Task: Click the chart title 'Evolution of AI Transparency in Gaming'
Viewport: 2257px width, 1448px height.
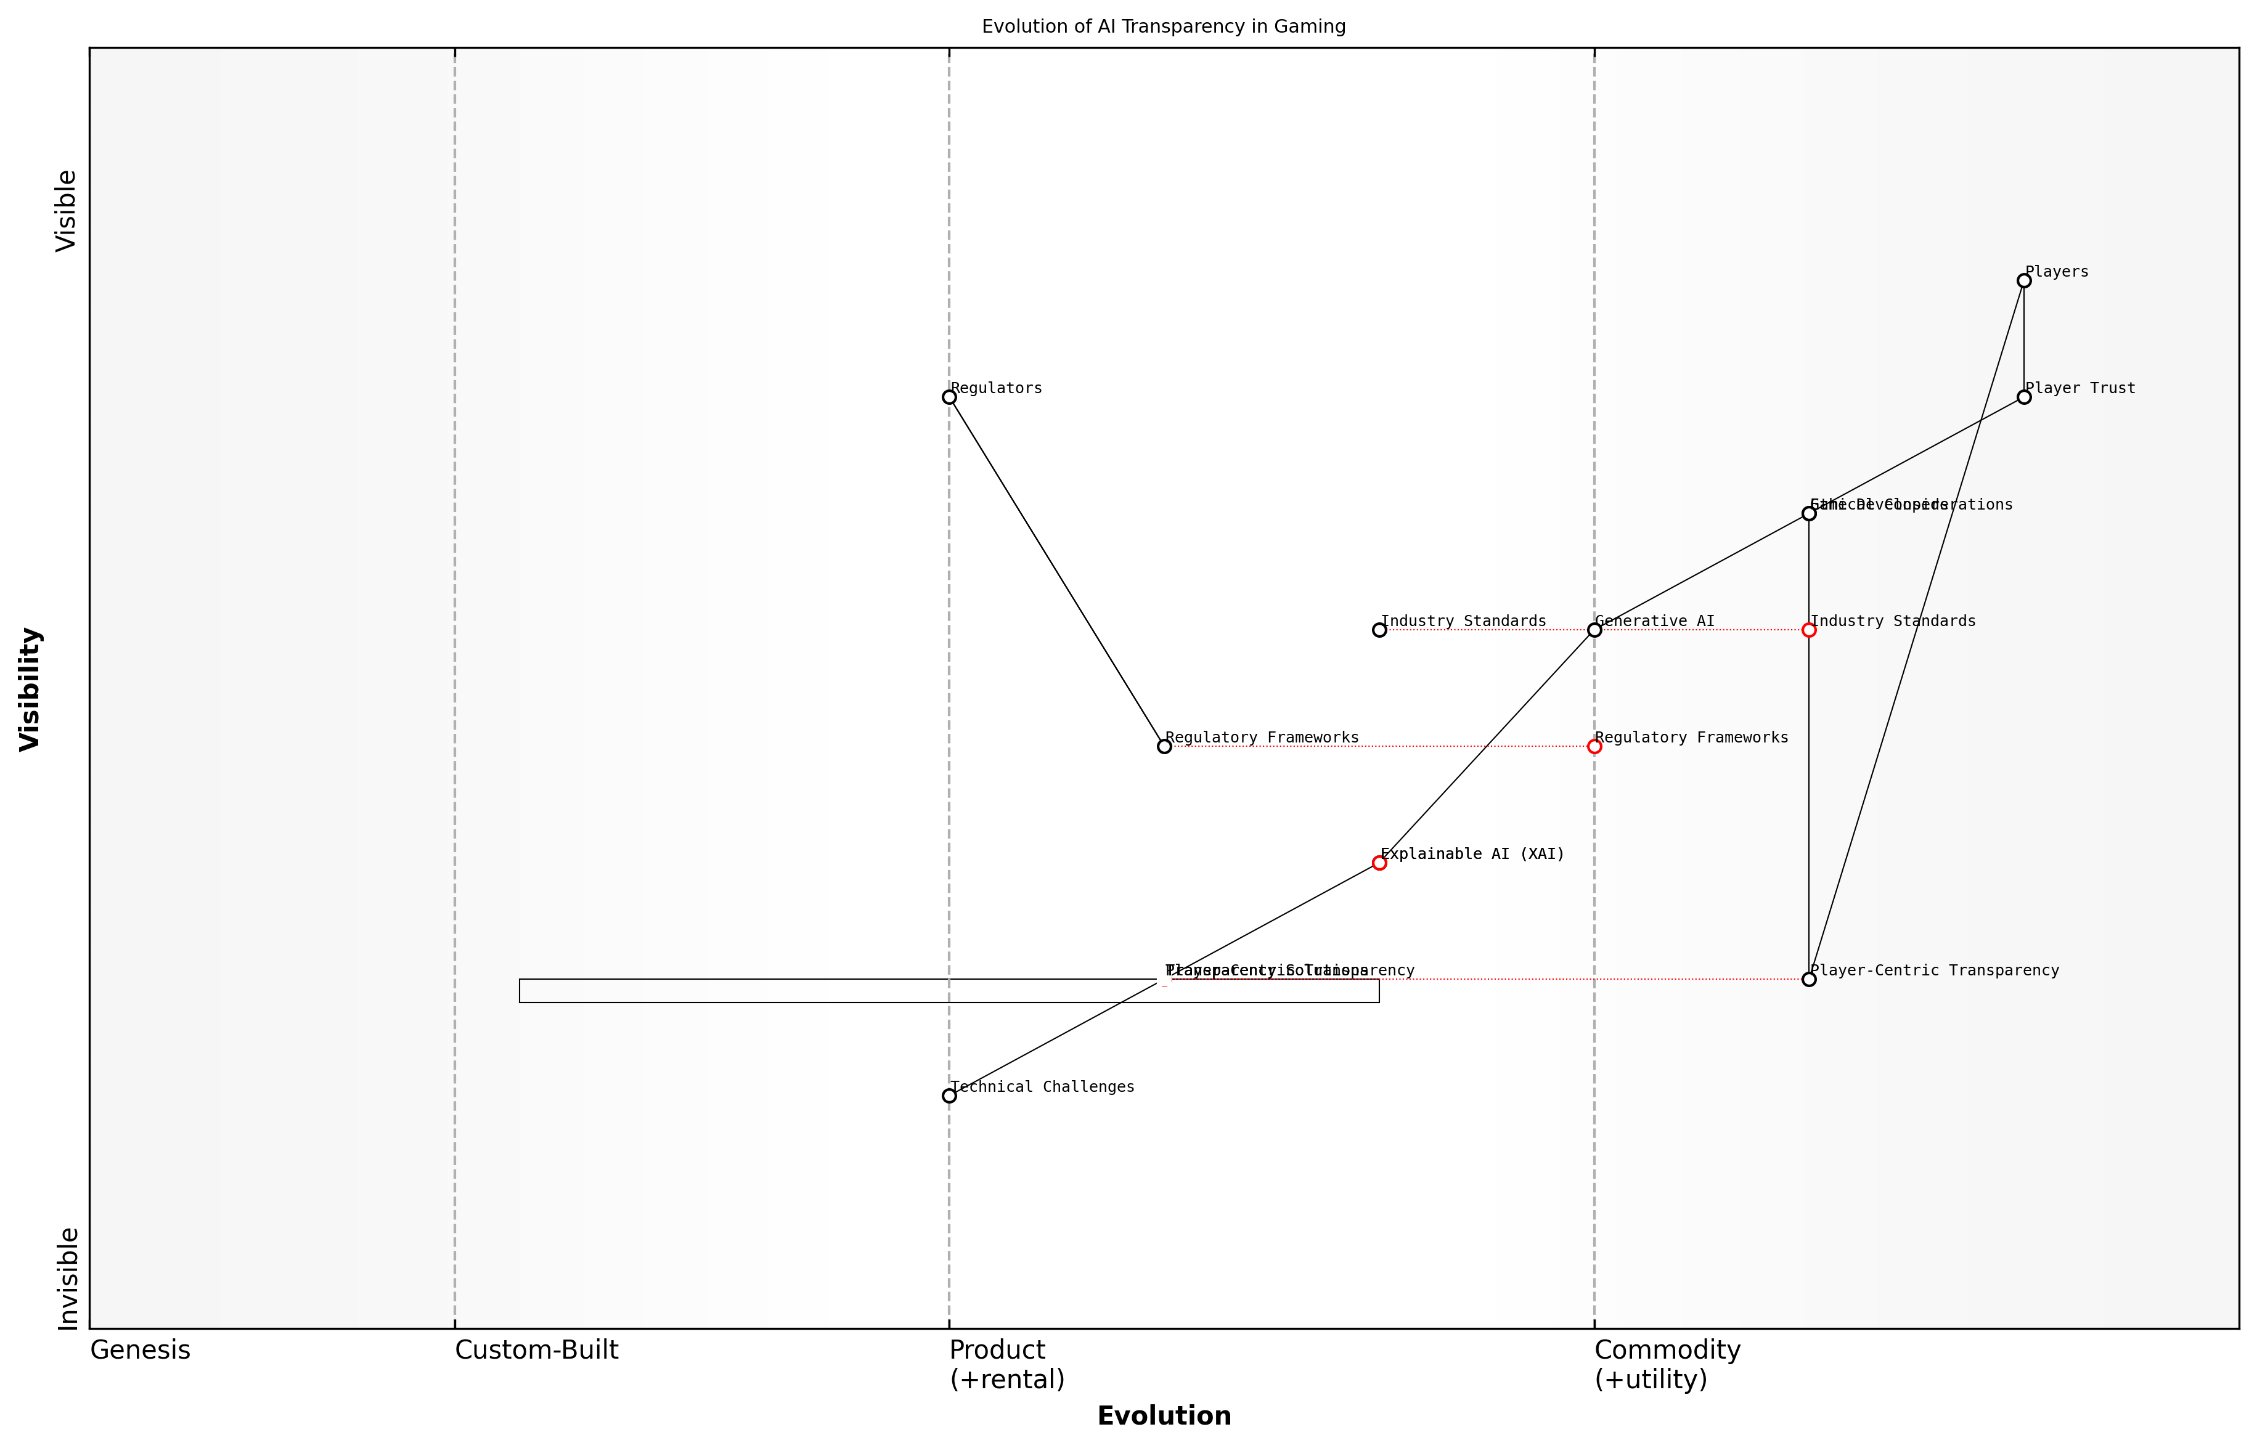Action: click(1163, 26)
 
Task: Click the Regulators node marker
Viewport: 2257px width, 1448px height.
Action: click(949, 397)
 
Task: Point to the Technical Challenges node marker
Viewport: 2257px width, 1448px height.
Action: click(949, 1096)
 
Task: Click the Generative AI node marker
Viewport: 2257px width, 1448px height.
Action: click(1594, 630)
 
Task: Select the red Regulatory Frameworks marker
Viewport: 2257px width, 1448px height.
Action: click(1594, 747)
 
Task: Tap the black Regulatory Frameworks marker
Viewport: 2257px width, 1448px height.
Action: click(1164, 747)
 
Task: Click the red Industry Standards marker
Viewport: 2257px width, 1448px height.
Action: click(1808, 630)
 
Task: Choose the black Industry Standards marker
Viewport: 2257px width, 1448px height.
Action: click(1379, 630)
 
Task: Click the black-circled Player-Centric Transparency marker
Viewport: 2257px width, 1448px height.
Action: click(1808, 979)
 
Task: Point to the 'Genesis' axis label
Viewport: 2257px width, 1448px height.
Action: click(140, 1350)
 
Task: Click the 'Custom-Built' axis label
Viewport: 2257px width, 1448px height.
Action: click(536, 1350)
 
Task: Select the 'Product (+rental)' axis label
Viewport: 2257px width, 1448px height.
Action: click(1006, 1364)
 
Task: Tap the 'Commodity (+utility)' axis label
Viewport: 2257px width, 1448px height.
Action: click(1667, 1364)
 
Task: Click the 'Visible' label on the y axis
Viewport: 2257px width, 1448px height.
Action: click(66, 211)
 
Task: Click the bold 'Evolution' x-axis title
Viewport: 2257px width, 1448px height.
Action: click(1163, 1416)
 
